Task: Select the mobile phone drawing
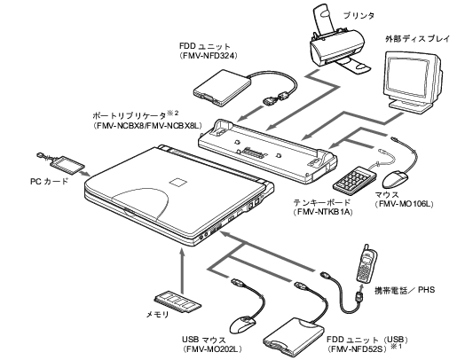click(x=366, y=263)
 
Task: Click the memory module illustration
click(x=177, y=302)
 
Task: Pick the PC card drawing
click(x=67, y=163)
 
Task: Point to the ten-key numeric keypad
click(x=354, y=178)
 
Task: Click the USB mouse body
click(x=242, y=325)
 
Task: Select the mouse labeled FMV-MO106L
click(x=396, y=179)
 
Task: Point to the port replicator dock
click(x=267, y=150)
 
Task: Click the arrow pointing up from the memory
click(x=183, y=271)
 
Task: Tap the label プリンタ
click(x=359, y=15)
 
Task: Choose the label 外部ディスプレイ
click(x=418, y=38)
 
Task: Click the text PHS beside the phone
click(x=426, y=289)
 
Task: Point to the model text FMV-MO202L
click(x=212, y=348)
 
